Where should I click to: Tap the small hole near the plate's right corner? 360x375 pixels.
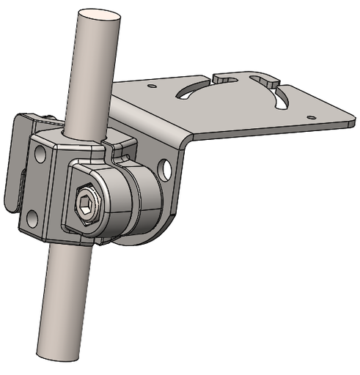point(312,116)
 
